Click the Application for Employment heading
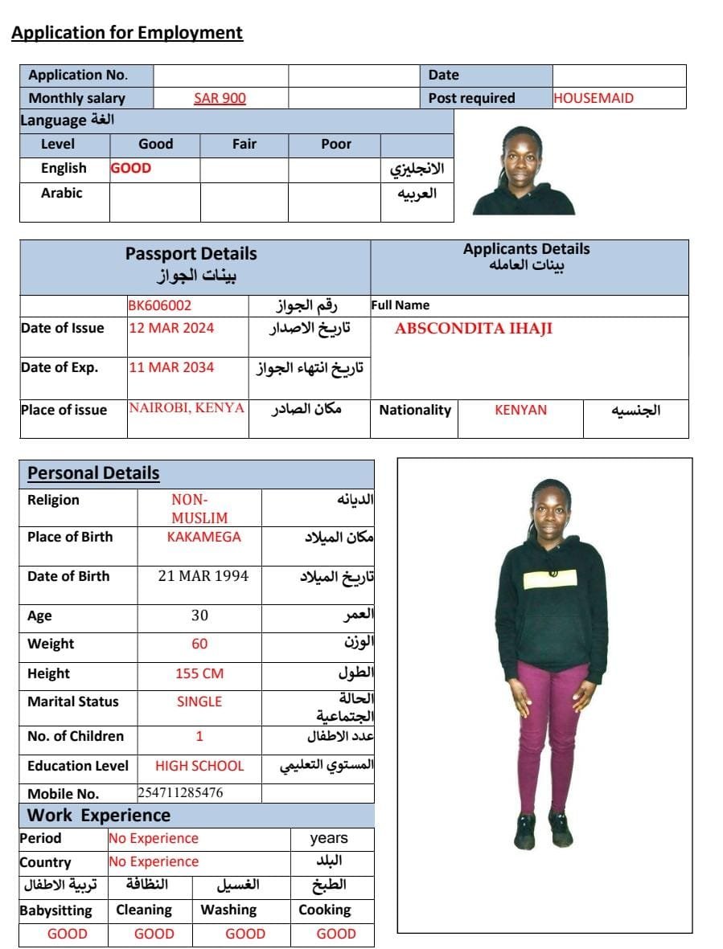pos(127,33)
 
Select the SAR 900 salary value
pos(220,98)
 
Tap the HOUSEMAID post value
pos(594,98)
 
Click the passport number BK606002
pos(160,305)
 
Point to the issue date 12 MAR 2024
pos(171,328)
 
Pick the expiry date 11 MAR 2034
pos(171,367)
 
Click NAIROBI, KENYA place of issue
pos(187,407)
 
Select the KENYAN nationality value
pos(520,410)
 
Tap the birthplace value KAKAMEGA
pos(203,537)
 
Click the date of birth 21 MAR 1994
pos(203,576)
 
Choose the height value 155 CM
pos(199,673)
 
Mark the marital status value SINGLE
pos(199,702)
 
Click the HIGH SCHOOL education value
pos(199,766)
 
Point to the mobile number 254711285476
pos(180,793)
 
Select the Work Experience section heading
pos(99,816)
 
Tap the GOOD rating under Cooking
pos(336,934)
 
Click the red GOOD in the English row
pos(131,168)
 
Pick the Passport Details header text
pos(191,254)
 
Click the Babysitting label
pos(56,910)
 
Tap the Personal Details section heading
pos(93,473)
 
